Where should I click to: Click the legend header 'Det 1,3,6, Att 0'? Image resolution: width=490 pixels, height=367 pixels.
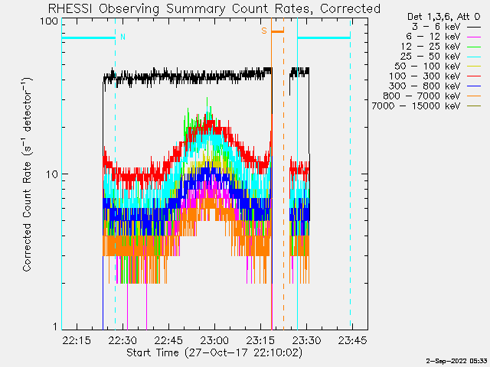[439, 15]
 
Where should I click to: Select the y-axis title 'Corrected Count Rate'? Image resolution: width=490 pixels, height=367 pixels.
[27, 174]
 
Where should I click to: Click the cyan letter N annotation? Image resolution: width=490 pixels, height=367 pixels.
[122, 36]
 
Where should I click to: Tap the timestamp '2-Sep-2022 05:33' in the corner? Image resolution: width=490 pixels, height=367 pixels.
[457, 359]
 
